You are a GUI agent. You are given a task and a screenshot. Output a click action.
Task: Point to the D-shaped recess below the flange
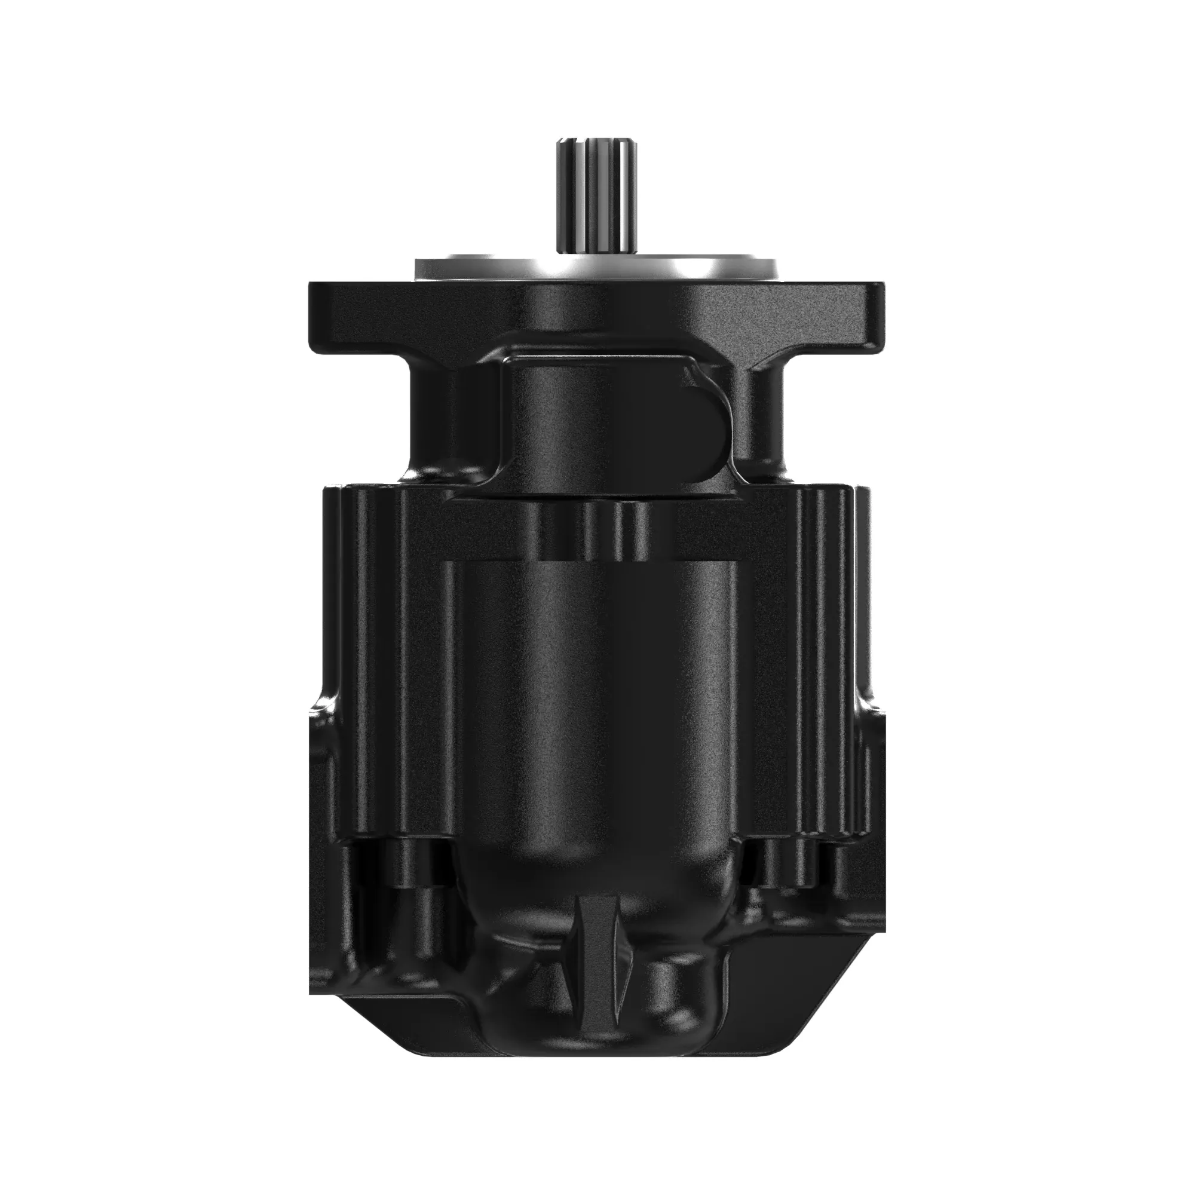coord(705,427)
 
